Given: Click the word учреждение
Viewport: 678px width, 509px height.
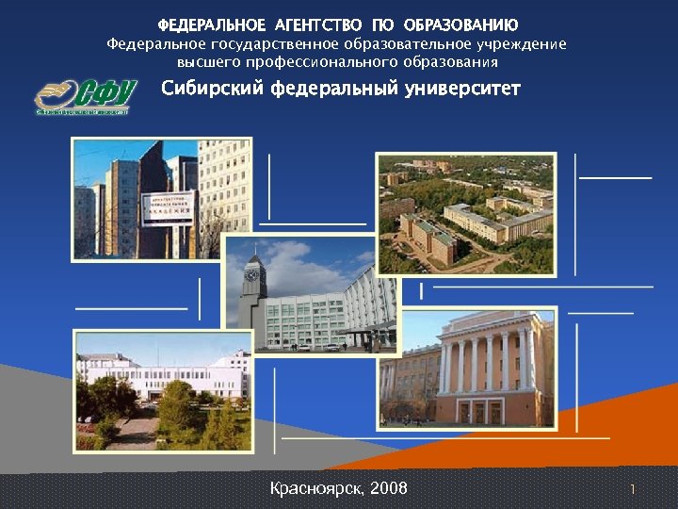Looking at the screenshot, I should click(x=522, y=44).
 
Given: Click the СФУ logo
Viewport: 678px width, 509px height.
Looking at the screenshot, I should click(x=85, y=95).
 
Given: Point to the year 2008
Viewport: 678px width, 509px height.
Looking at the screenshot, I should click(x=389, y=488).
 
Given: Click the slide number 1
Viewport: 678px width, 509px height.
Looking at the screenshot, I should click(x=633, y=489).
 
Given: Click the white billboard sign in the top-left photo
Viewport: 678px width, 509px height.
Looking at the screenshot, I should click(x=168, y=207).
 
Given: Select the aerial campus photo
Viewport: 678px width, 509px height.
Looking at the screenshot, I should click(x=465, y=214).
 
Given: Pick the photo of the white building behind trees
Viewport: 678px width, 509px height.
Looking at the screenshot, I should click(x=162, y=390).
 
